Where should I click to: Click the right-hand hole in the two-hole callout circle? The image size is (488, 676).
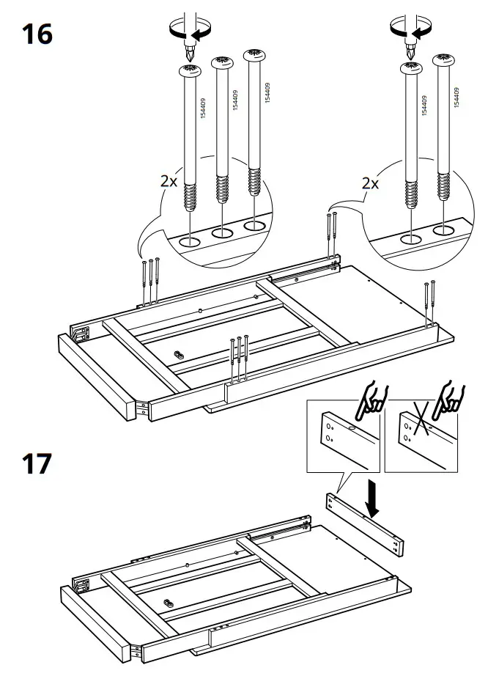click(x=443, y=231)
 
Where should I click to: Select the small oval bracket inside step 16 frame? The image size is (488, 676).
click(x=177, y=353)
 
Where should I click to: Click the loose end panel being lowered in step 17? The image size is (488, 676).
click(x=364, y=523)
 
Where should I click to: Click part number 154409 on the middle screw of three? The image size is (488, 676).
click(x=234, y=100)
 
